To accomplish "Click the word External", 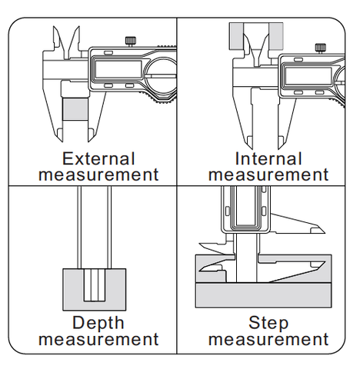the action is [x=98, y=159].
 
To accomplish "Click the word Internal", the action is [x=268, y=159].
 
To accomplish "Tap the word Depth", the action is [x=98, y=324].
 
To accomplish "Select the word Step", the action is [x=268, y=324].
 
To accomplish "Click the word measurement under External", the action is [x=98, y=175].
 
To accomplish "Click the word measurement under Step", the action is [x=268, y=340].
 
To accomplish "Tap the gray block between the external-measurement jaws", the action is [x=75, y=109].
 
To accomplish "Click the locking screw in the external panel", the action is [x=131, y=42].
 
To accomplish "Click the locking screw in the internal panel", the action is [x=320, y=48].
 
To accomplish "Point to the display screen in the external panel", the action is [x=118, y=69].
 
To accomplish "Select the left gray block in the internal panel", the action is [x=236, y=36].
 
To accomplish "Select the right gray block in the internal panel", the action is [x=276, y=36].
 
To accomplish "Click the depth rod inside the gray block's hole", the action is [x=95, y=284].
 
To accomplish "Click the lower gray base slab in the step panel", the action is [x=263, y=294].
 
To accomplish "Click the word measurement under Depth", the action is [x=98, y=340].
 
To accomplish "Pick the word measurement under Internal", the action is [x=268, y=175].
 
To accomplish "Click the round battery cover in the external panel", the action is [x=147, y=76].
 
